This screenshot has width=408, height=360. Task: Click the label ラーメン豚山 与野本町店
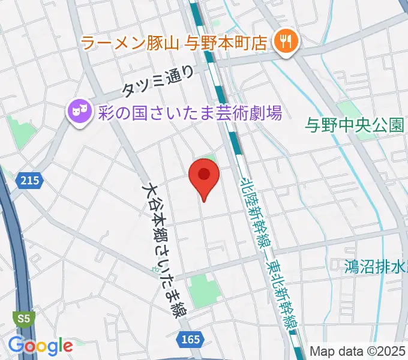pyautogui.click(x=173, y=42)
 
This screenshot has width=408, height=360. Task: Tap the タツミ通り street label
pyautogui.click(x=158, y=81)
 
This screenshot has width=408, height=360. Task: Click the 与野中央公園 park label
pyautogui.click(x=354, y=125)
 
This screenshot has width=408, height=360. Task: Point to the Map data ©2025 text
pyautogui.click(x=358, y=352)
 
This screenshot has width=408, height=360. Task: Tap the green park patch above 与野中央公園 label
pyautogui.click(x=349, y=109)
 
